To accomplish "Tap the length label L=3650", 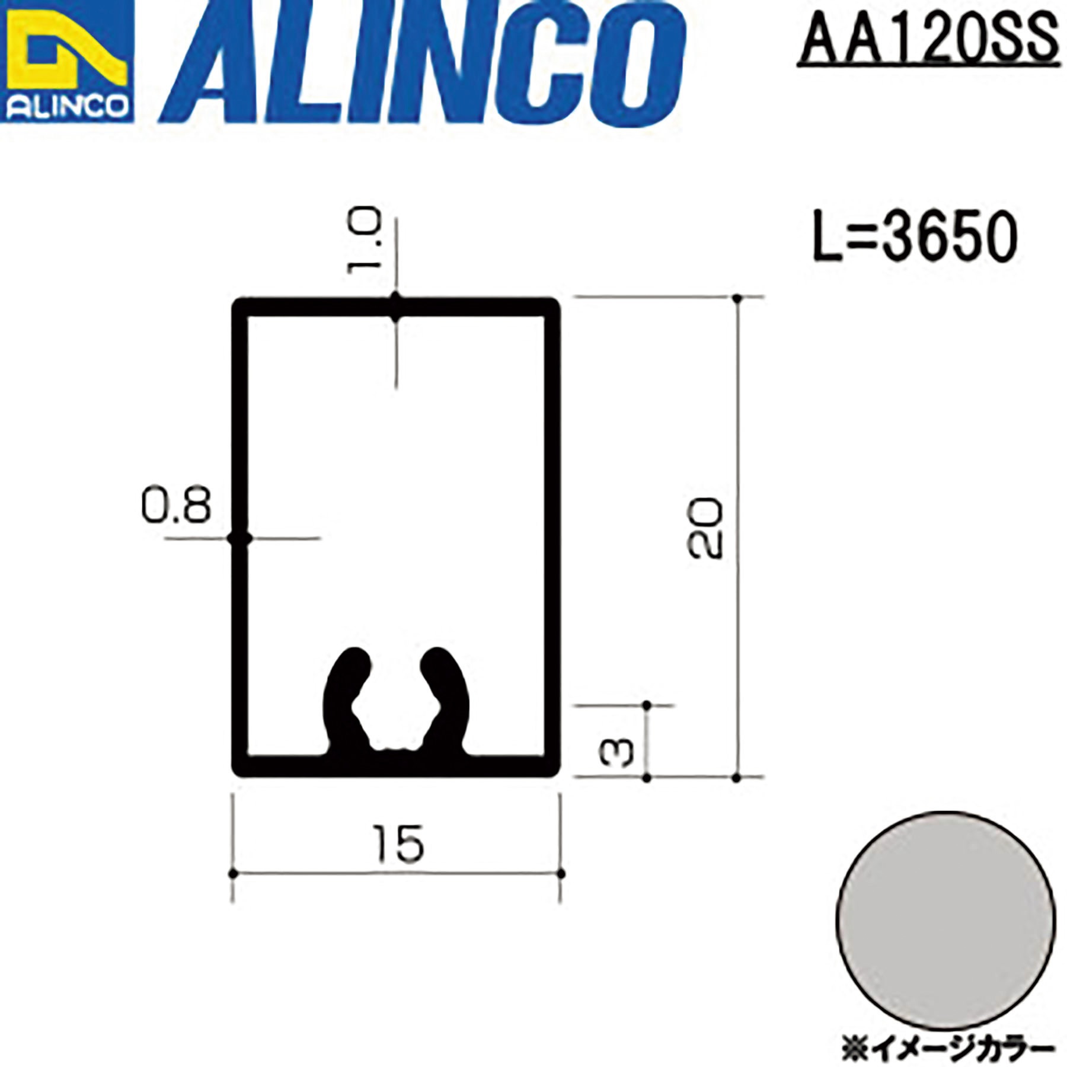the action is point(915,237).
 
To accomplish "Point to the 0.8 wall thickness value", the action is point(176,506).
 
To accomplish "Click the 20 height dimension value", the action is point(705,528).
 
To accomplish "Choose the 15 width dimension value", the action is point(398,844).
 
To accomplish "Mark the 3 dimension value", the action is point(616,753).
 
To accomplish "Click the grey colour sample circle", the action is point(945,921).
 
